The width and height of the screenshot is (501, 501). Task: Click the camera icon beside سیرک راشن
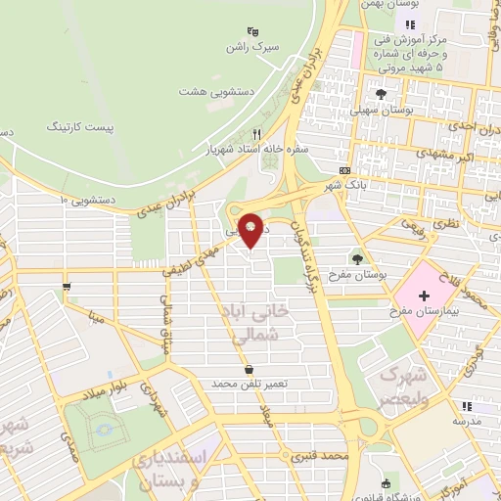tap(253, 30)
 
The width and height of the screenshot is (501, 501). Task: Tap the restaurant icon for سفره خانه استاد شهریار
tap(257, 134)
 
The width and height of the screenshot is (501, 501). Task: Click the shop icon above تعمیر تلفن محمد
tap(252, 369)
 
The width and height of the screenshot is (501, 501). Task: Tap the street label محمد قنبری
tap(325, 456)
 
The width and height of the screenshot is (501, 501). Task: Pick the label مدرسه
tap(472, 421)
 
